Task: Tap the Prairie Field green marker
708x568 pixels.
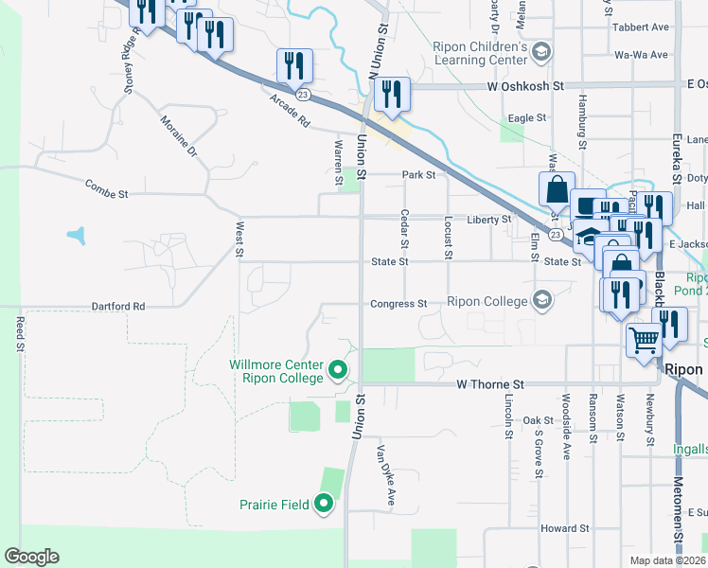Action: point(324,505)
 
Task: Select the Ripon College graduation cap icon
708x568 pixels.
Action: point(541,301)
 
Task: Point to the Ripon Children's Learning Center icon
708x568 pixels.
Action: point(541,51)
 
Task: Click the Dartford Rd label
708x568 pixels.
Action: point(118,307)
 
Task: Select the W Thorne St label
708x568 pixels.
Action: point(490,385)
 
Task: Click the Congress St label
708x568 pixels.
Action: point(399,305)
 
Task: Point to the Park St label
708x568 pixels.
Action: point(417,175)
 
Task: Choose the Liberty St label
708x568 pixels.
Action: point(488,220)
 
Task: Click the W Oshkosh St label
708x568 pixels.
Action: point(525,86)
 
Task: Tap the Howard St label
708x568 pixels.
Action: point(565,528)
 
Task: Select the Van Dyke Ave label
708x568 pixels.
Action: point(385,472)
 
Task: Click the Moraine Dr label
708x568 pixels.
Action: point(178,137)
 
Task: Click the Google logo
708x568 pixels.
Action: point(31,557)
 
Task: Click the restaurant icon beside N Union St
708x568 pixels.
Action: point(391,94)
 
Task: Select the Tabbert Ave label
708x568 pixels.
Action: point(640,27)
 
